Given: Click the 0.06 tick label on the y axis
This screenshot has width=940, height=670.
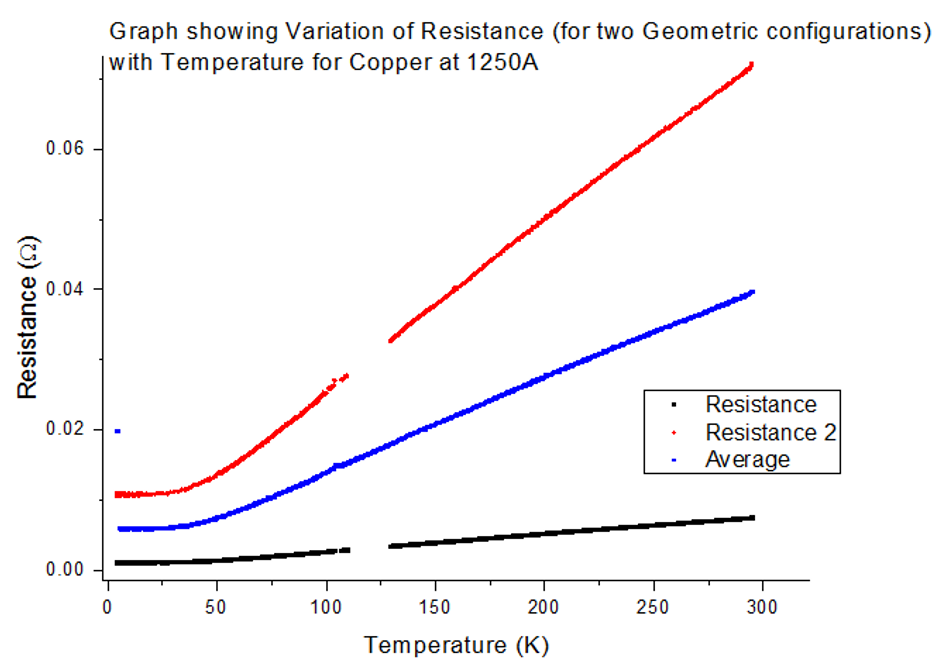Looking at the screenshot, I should coord(67,150).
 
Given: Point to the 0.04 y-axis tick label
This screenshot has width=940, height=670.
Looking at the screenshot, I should coord(67,290).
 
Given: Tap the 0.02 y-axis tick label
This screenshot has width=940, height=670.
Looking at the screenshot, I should coord(67,430).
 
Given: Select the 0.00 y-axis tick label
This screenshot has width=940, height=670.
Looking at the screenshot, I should coord(67,571).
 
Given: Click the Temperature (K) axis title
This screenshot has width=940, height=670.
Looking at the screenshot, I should coord(456,645).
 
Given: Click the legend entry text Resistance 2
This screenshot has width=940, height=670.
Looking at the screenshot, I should coord(770,433).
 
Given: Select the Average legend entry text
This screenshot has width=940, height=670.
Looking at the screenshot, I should coord(747,459).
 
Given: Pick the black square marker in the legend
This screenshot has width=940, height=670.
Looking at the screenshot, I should coord(675,406).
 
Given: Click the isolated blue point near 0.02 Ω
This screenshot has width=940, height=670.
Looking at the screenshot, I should coord(118,431).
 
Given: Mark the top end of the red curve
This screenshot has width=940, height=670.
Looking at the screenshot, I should coord(751,65).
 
